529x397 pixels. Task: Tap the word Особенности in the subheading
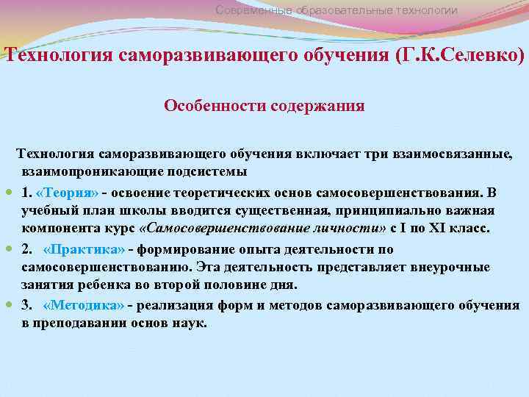point(207,105)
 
